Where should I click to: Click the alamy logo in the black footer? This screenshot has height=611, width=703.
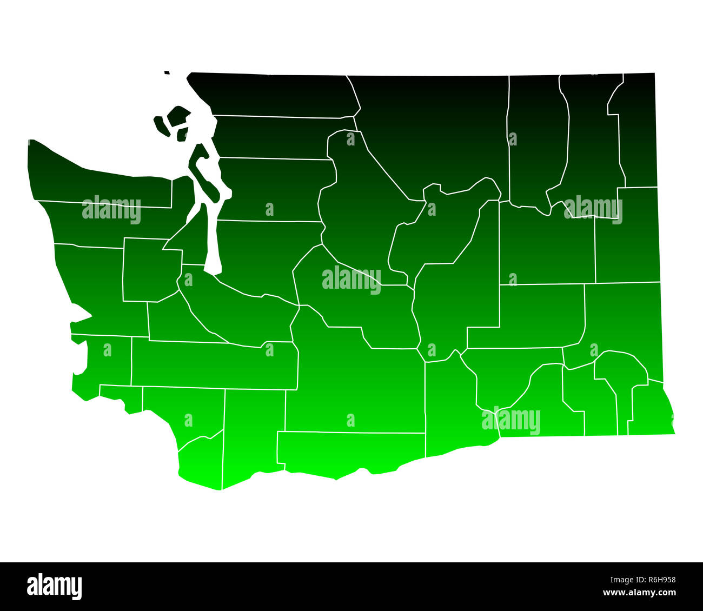tap(55, 587)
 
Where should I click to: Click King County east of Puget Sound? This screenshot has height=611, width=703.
tap(260, 254)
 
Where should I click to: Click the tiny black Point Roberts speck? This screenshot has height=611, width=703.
tap(167, 72)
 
